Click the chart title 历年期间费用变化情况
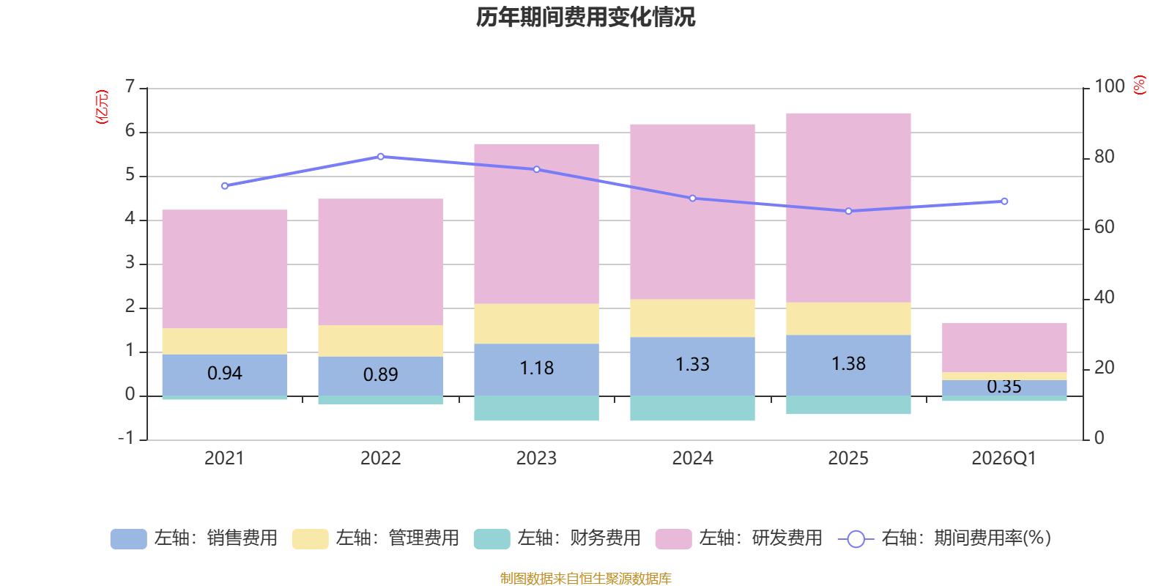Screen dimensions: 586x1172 coord(585,17)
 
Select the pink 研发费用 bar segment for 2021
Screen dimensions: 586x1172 coord(224,269)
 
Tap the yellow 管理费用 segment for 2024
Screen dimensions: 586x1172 coord(692,318)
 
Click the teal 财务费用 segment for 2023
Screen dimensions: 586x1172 coord(536,408)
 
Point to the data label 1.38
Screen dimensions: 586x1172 coord(848,364)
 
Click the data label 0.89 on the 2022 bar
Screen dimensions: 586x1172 coord(380,375)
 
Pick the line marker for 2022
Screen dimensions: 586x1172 coord(380,157)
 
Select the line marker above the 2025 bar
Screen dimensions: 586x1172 coord(848,211)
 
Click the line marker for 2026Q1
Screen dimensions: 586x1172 coord(1004,201)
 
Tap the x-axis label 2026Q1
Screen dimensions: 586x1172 coord(1004,459)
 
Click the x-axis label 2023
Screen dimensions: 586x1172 coord(536,459)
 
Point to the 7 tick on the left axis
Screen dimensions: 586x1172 coord(130,87)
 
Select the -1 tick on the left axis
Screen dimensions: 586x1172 coord(127,438)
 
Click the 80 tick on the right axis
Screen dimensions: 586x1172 coord(1104,157)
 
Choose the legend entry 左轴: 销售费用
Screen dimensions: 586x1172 coord(194,538)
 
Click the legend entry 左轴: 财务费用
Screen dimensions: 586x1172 coord(557,538)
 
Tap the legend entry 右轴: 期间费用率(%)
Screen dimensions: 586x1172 coord(945,538)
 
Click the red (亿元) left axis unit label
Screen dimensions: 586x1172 coord(102,107)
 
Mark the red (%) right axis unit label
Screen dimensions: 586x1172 coord(1140,85)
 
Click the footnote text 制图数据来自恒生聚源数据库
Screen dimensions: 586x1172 coord(585,579)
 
